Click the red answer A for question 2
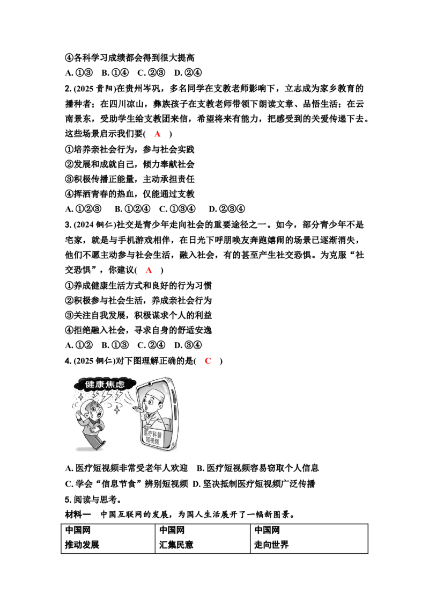point(157,134)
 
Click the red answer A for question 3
point(149,270)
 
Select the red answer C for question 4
point(208,361)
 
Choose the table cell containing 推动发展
point(108,539)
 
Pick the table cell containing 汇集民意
point(203,539)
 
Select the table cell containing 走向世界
point(309,539)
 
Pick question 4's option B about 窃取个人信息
point(258,468)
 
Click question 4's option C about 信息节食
point(127,484)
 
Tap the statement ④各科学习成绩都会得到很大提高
point(130,58)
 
